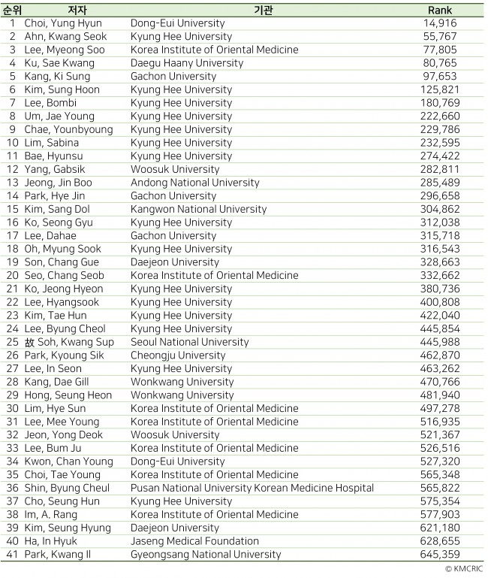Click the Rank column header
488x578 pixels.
(x=440, y=10)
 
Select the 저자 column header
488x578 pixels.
(x=77, y=10)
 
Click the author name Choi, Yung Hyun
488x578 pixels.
(x=63, y=23)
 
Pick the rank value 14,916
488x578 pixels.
(x=440, y=23)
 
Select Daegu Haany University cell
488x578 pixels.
(x=187, y=63)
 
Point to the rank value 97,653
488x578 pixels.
(x=440, y=76)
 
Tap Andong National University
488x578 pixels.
(x=195, y=183)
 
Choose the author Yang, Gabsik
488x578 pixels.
(x=55, y=169)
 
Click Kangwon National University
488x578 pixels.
(x=198, y=209)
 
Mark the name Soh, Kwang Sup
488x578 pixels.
(x=67, y=342)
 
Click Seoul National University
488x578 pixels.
(x=190, y=342)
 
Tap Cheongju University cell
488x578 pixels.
(x=178, y=355)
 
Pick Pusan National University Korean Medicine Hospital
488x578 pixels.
(x=241, y=488)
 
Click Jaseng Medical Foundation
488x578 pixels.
(x=194, y=541)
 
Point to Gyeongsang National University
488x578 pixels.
(x=206, y=554)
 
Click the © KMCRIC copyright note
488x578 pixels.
(x=462, y=569)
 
